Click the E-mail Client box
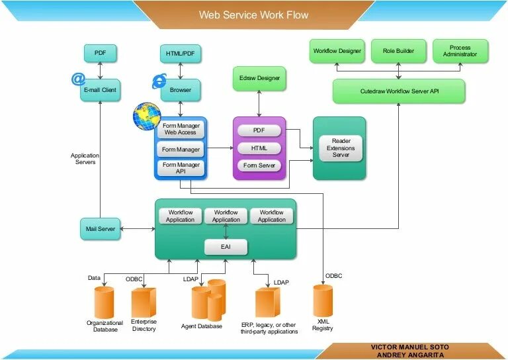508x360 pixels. click(101, 90)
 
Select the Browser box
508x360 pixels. click(180, 90)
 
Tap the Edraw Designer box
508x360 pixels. click(259, 78)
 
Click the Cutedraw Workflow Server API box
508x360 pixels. click(398, 91)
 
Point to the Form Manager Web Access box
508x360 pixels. click(181, 129)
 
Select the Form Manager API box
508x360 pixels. click(181, 168)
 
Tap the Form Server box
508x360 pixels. click(259, 165)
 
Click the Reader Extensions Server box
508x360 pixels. click(339, 148)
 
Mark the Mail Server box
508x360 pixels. click(101, 229)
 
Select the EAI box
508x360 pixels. click(226, 247)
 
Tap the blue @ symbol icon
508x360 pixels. click(79, 79)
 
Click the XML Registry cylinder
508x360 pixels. click(323, 301)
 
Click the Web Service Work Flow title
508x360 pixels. click(254, 15)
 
